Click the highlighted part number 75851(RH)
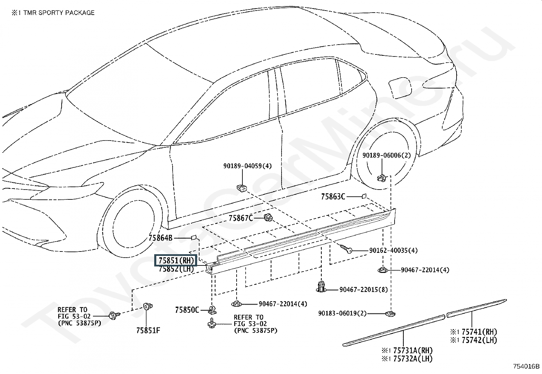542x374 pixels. click(x=176, y=261)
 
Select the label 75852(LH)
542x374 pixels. click(x=176, y=269)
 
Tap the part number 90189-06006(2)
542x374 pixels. click(x=386, y=155)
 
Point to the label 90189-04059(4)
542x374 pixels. click(x=247, y=166)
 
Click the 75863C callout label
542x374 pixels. click(x=333, y=197)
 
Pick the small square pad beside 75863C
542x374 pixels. click(x=364, y=196)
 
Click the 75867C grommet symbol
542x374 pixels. click(x=268, y=217)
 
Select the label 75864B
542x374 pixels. click(x=160, y=238)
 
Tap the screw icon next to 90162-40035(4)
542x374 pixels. click(x=346, y=249)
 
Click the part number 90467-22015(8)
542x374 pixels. click(x=363, y=290)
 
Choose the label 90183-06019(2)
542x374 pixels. click(x=342, y=313)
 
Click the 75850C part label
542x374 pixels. click(x=187, y=310)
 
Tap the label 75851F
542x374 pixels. click(x=148, y=330)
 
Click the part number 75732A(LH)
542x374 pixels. click(x=413, y=359)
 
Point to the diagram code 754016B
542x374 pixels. click(x=527, y=366)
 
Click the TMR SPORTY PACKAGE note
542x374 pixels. click(x=59, y=13)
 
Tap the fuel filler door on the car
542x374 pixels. click(x=400, y=88)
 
